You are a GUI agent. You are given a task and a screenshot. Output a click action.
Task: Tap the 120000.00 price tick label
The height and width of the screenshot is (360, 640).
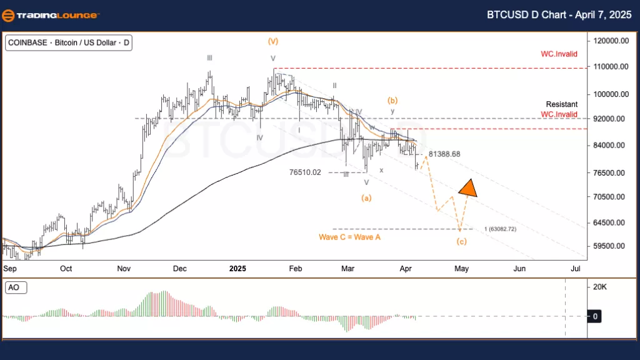point(611,41)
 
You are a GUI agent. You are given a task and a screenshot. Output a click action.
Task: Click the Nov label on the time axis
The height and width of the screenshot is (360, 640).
point(123,268)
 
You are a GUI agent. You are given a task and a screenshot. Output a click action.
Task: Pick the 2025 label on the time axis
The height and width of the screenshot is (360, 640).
point(237,268)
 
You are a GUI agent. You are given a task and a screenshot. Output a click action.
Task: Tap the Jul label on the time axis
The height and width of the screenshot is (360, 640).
point(576,268)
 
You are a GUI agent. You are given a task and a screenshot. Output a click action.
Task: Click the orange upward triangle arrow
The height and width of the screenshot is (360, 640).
point(467,187)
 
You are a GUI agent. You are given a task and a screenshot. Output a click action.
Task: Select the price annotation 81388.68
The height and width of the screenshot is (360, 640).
point(444,154)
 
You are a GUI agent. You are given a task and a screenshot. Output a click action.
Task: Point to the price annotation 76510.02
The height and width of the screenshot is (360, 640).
point(306,172)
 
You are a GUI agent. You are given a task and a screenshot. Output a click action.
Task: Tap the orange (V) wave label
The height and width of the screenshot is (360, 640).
point(273,41)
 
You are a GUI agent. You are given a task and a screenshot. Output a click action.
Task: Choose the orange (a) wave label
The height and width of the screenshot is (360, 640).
point(367,198)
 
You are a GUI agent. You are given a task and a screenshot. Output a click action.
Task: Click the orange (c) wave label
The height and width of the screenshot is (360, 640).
point(461,242)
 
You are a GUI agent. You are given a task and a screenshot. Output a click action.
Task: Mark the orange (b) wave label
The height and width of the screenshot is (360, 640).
point(393,100)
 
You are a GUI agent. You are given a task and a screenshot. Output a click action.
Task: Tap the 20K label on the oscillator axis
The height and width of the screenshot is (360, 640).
point(599,287)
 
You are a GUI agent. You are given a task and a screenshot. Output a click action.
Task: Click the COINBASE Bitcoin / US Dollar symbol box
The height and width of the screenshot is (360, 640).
point(68,43)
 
